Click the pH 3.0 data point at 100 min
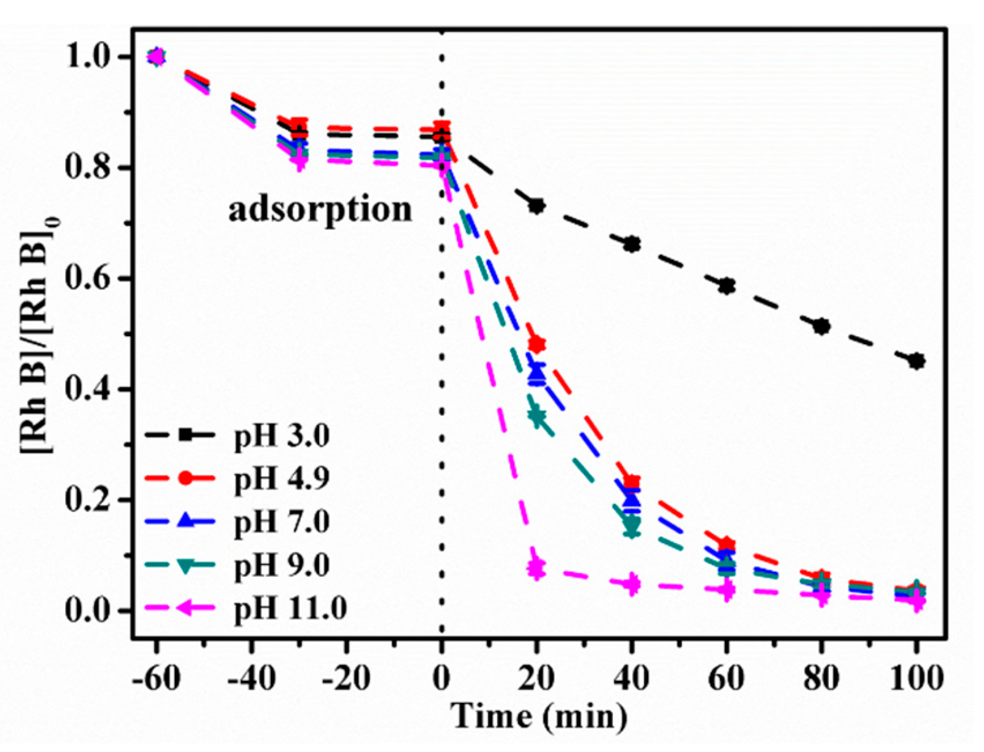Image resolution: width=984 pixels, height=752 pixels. [916, 361]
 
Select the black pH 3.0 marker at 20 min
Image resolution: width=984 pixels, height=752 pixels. [537, 206]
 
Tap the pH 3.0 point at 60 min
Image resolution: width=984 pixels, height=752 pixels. [727, 286]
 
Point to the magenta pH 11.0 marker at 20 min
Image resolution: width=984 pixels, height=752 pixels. [537, 567]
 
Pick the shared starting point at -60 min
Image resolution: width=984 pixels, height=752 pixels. [157, 57]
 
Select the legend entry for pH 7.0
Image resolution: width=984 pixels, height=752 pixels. [282, 522]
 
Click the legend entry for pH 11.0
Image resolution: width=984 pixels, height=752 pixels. [290, 608]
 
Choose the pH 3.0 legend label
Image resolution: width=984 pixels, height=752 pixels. [282, 435]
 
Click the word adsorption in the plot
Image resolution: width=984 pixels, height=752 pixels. [320, 210]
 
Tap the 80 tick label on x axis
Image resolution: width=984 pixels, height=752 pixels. [821, 679]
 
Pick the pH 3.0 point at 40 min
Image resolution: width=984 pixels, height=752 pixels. [632, 245]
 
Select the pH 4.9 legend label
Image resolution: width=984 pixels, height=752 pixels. [282, 479]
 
